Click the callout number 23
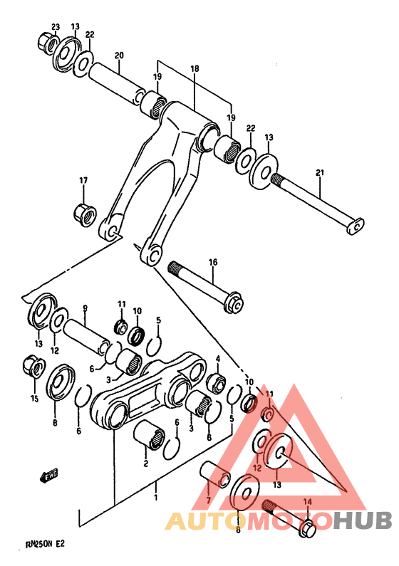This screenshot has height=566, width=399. [x=56, y=27]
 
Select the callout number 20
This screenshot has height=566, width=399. [x=119, y=56]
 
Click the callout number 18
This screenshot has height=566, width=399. [x=195, y=70]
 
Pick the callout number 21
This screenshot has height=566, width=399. [x=321, y=173]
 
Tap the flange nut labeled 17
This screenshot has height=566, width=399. [x=85, y=212]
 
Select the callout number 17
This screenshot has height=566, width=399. [x=83, y=180]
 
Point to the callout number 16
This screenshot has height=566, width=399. [x=212, y=263]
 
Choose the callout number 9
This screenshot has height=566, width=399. [x=85, y=308]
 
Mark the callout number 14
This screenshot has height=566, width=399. [x=308, y=502]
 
